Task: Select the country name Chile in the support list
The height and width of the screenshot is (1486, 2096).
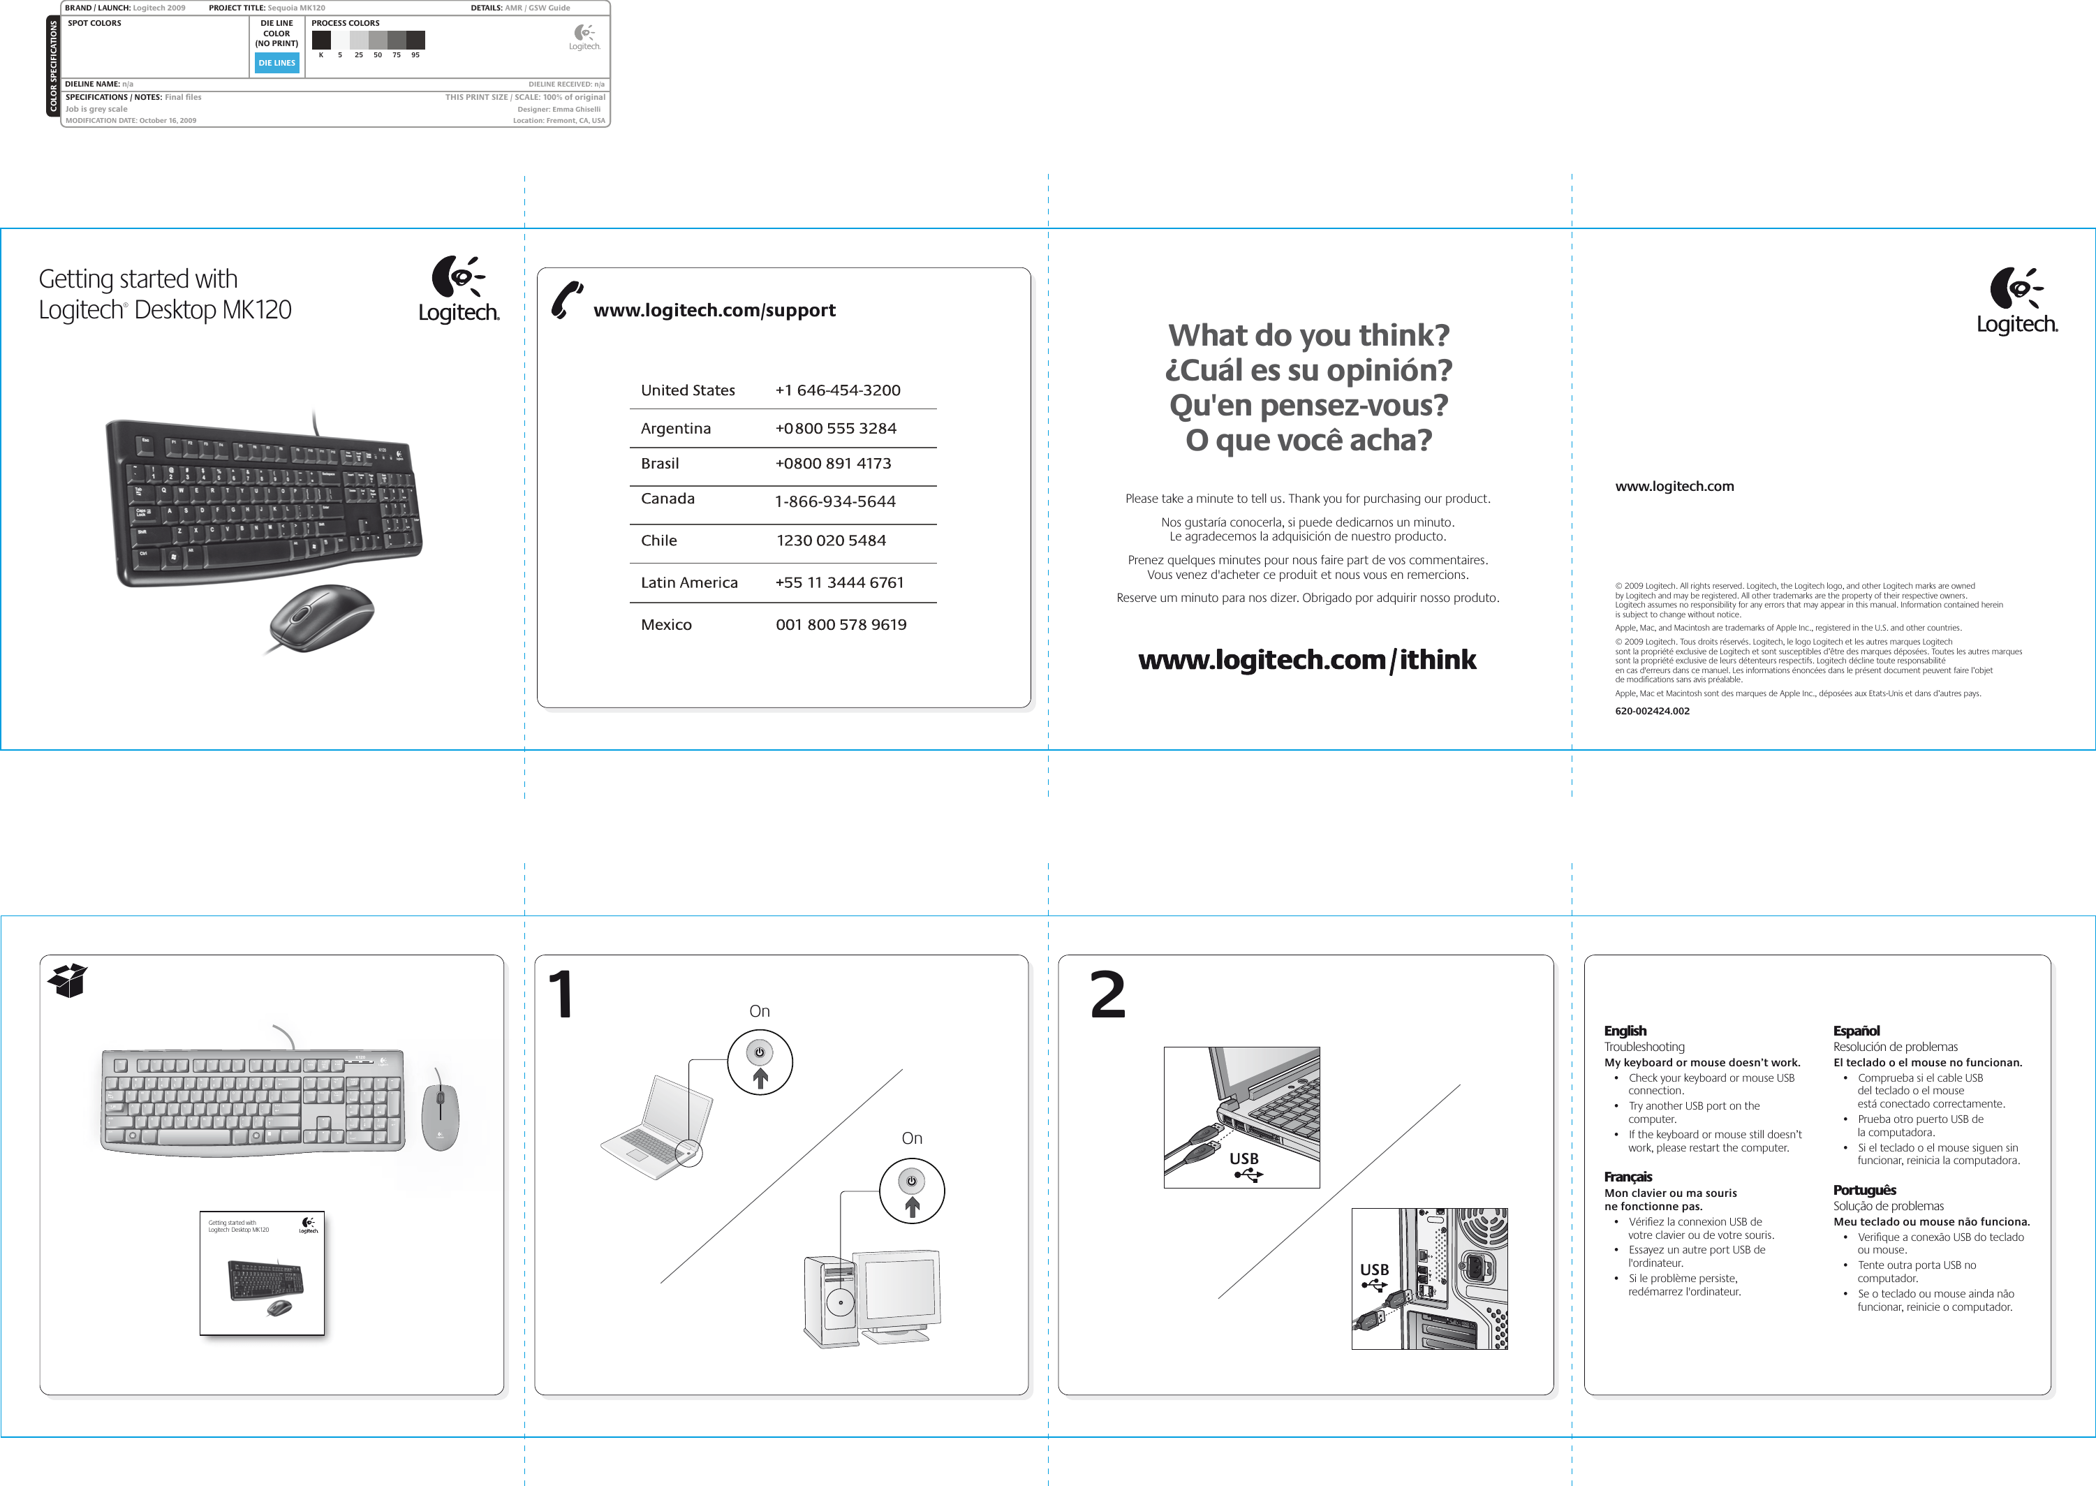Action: (658, 540)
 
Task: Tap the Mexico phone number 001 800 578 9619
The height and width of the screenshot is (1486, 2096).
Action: (841, 625)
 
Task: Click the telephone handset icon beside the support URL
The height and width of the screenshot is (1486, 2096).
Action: (567, 301)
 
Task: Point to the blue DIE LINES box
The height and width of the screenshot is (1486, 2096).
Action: (276, 63)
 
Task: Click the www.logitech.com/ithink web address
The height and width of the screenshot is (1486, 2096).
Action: (1306, 660)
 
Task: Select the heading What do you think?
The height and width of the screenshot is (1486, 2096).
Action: (1308, 336)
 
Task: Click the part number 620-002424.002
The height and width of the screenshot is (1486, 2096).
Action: (1651, 711)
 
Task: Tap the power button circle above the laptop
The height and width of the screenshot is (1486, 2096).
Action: (760, 1061)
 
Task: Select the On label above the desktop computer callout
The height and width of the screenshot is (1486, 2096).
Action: (911, 1138)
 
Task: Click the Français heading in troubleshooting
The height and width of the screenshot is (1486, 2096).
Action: (1628, 1177)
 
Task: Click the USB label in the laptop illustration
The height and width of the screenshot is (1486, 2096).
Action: (1243, 1159)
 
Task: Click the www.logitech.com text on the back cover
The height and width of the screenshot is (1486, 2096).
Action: (1674, 487)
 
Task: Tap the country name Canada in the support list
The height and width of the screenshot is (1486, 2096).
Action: (667, 499)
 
